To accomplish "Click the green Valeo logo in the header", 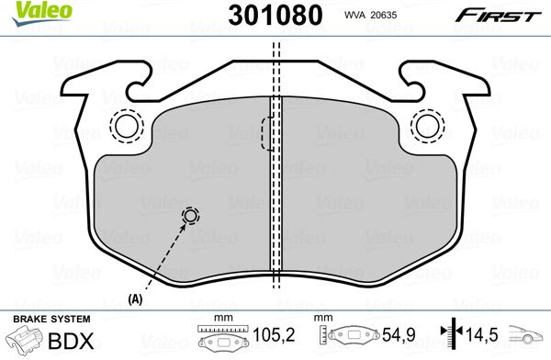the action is pyautogui.click(x=42, y=13).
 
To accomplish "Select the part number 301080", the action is pyautogui.click(x=275, y=15).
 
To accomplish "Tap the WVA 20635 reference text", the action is pyautogui.click(x=370, y=15).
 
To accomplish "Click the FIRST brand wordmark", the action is pyautogui.click(x=499, y=16).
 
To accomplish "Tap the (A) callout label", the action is pyautogui.click(x=135, y=299).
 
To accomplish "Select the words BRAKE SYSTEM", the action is pyautogui.click(x=51, y=320).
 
